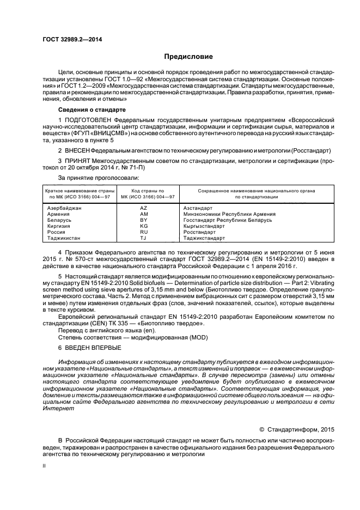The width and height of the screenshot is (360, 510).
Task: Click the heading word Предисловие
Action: point(188,57)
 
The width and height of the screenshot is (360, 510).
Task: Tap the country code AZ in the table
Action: point(144,208)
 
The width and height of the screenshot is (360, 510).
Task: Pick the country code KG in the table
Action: point(144,226)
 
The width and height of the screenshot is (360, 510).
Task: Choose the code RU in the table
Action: point(144,232)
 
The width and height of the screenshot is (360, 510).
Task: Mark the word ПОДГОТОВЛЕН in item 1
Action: point(87,119)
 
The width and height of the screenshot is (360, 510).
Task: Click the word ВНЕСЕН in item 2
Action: point(76,149)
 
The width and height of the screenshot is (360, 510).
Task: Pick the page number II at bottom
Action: point(44,466)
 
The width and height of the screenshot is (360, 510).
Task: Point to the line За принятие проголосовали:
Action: point(98,178)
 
